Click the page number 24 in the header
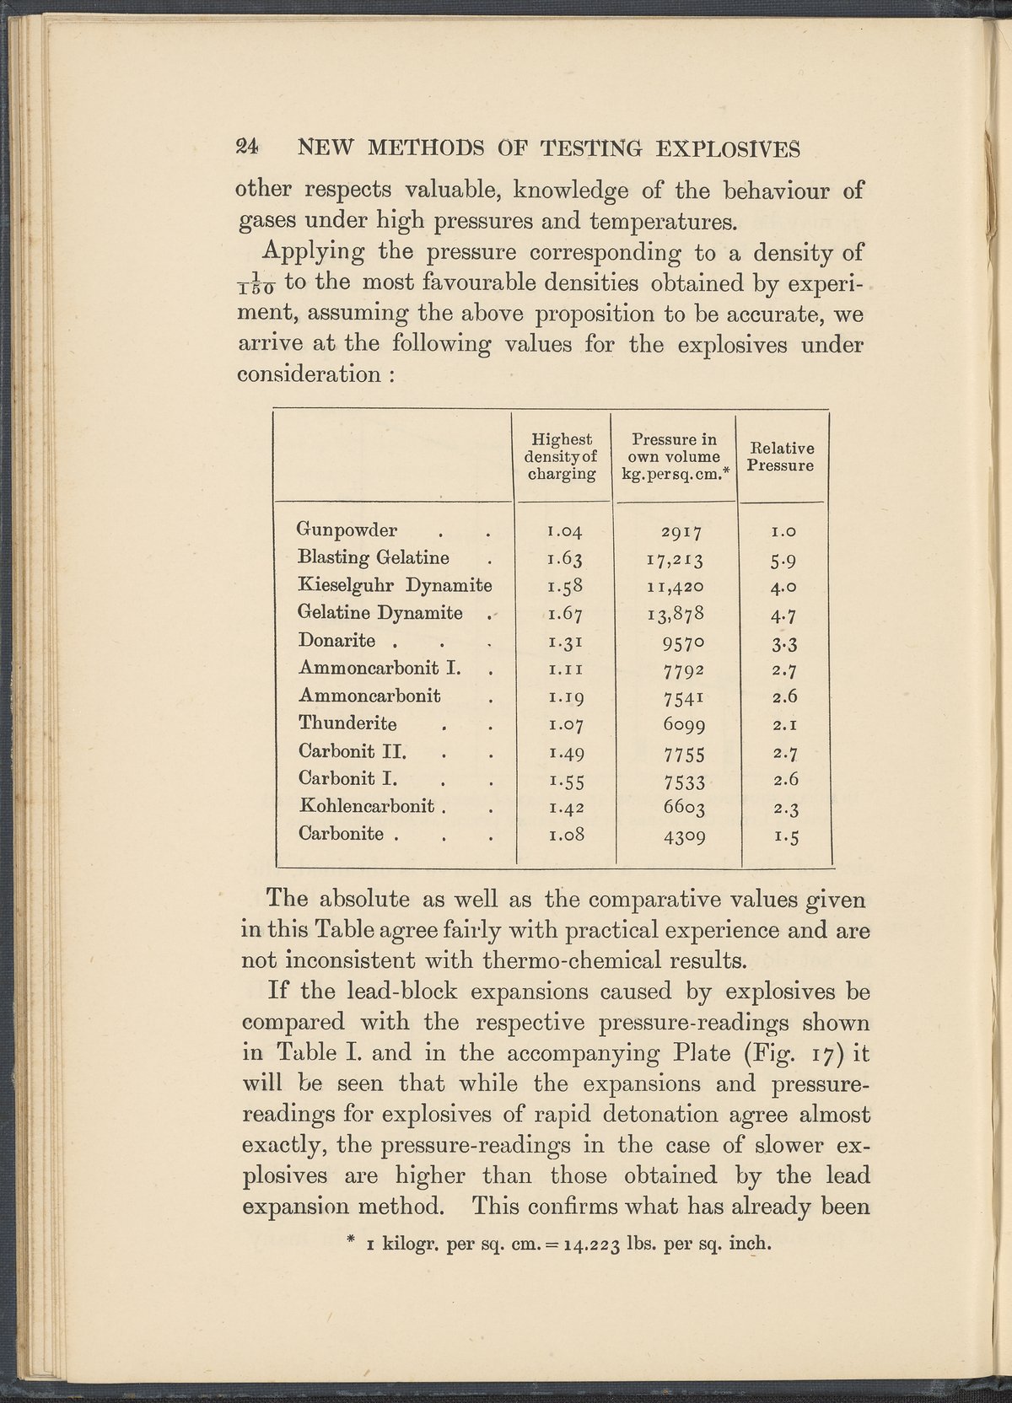(x=249, y=148)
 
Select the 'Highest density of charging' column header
(x=562, y=457)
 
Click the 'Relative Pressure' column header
(x=783, y=457)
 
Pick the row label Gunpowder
(x=347, y=529)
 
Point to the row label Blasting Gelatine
(x=373, y=557)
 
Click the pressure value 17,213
(x=676, y=559)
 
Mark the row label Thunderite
(x=347, y=723)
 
